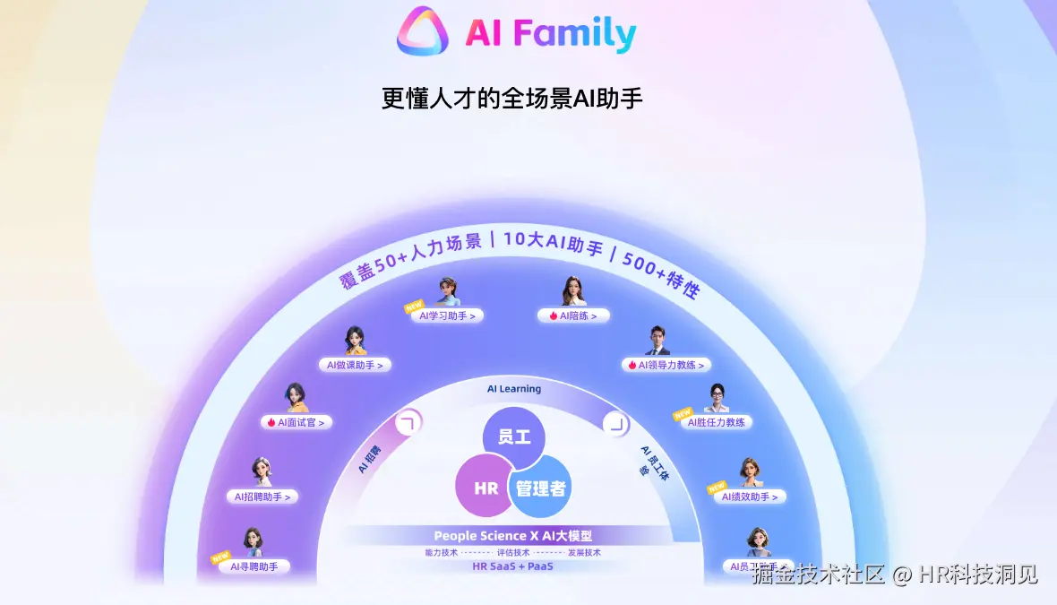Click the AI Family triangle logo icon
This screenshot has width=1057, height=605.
[422, 31]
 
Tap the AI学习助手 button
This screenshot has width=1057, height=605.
[447, 315]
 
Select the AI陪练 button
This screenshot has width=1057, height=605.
[573, 315]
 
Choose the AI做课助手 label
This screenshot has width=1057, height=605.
[355, 365]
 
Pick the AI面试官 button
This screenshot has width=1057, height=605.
[296, 422]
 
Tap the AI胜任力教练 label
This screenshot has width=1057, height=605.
[716, 422]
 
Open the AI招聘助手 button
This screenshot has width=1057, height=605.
[262, 497]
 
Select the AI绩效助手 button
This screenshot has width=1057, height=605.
[751, 497]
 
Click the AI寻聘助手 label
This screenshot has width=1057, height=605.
[254, 566]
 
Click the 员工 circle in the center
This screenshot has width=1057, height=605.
[513, 437]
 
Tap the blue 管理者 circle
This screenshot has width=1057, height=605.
[540, 488]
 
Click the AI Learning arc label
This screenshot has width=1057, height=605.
[514, 389]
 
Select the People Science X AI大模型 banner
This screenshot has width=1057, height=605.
[512, 535]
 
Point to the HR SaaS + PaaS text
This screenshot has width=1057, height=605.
[512, 566]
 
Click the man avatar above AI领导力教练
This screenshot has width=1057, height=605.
[657, 341]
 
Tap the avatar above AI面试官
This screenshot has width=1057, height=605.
[296, 398]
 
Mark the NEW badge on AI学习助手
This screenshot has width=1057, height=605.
[414, 306]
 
